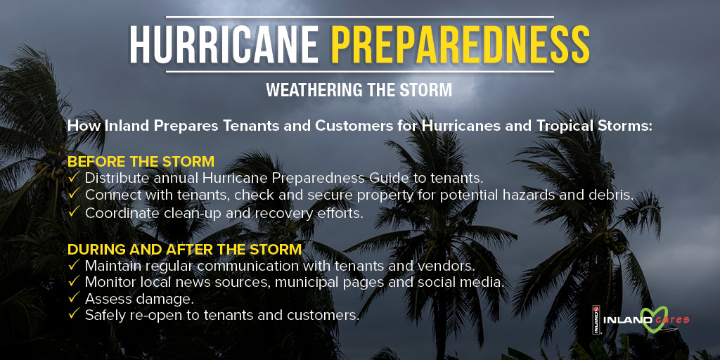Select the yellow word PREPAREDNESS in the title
[x=460, y=44]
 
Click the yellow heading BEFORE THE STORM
[x=141, y=162]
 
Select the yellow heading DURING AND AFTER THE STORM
[x=184, y=250]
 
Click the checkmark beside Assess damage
[x=74, y=299]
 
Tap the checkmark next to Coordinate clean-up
[x=74, y=212]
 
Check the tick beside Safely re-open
[x=74, y=315]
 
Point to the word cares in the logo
[x=671, y=321]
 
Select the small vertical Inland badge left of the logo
[x=595, y=321]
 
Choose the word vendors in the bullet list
[x=450, y=266]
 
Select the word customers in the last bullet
[x=325, y=315]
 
